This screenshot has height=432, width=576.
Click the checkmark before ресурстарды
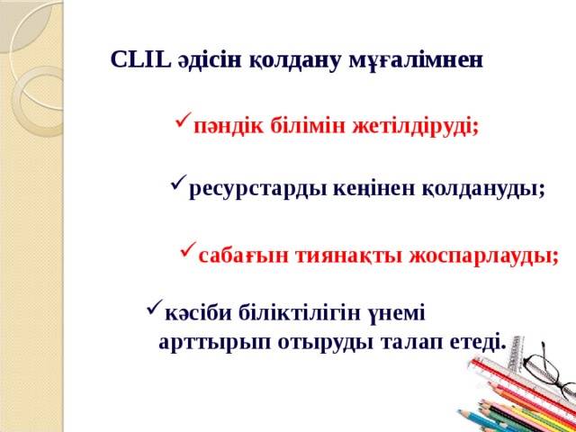coord(177,184)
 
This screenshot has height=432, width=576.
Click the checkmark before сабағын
coord(187,250)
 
